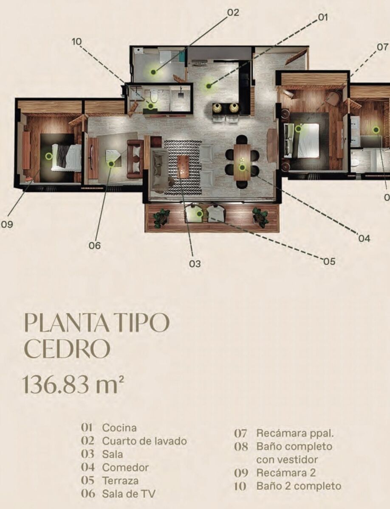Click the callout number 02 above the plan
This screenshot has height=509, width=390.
click(233, 13)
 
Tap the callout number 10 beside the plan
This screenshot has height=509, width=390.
click(76, 42)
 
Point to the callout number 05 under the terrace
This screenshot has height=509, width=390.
click(329, 262)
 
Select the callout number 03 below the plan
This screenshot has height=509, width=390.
click(195, 264)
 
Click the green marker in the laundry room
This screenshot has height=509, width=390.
click(153, 72)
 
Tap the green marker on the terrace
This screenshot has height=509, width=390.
click(199, 214)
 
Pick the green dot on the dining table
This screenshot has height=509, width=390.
click(242, 168)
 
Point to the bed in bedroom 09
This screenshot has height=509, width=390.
click(67, 158)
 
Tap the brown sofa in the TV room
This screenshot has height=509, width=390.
click(135, 159)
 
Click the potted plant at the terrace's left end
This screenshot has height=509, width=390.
click(161, 217)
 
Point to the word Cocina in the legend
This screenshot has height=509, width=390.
click(119, 428)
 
